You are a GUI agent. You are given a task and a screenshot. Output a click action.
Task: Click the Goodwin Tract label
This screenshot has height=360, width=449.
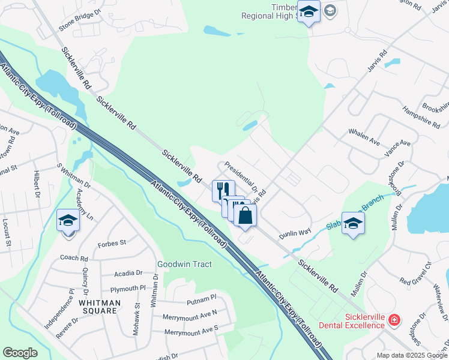184,264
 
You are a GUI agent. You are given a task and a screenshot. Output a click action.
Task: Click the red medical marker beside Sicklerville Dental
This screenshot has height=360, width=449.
394,320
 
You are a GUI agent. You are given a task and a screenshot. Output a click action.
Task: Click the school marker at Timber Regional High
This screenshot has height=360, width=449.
309,12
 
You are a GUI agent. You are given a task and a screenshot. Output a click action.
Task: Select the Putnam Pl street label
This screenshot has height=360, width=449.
201,298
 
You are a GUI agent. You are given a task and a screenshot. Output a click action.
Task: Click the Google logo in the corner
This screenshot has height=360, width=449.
20,353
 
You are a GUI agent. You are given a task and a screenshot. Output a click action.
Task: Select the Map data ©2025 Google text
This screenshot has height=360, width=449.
411,355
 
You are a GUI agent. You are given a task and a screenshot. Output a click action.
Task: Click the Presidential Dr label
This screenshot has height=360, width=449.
241,177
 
